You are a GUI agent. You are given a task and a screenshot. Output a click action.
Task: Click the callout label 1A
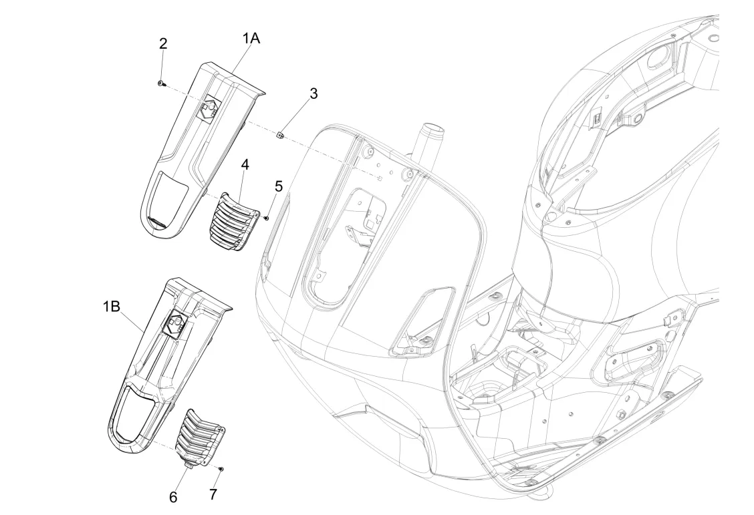click(251, 38)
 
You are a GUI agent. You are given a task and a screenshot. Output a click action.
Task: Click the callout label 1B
click(112, 306)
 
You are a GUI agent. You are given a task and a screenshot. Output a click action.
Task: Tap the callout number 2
click(163, 43)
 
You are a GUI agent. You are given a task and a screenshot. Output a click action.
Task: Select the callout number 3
click(313, 94)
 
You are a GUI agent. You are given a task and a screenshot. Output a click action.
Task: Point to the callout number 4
click(245, 165)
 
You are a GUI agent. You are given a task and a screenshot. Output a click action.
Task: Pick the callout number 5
click(279, 186)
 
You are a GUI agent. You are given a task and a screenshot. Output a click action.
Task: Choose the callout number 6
click(173, 497)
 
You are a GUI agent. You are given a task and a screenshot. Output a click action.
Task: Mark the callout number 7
click(213, 494)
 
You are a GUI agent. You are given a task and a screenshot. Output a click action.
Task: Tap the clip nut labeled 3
click(280, 135)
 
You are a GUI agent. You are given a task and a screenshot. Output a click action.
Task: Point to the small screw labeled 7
click(221, 468)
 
